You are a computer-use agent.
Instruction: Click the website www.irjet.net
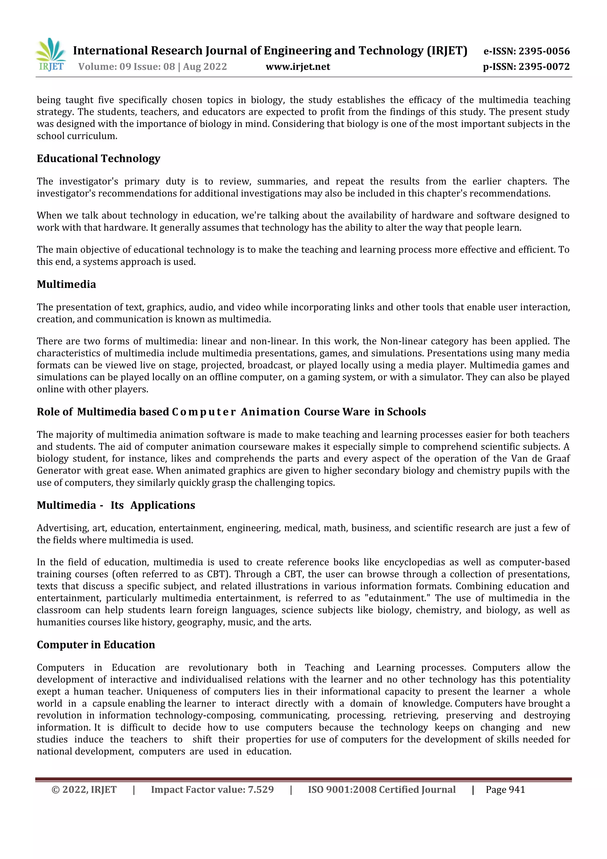coord(298,67)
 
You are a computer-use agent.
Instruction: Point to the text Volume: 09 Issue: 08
coord(127,67)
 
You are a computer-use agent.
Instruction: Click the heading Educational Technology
coord(98,159)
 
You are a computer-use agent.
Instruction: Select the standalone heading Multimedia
coord(66,284)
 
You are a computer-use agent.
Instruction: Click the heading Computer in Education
coord(96,645)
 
